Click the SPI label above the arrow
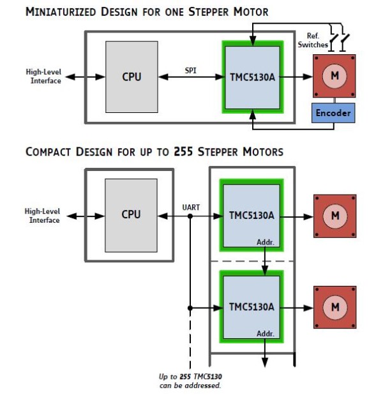pyautogui.click(x=190, y=71)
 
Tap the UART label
pyautogui.click(x=191, y=207)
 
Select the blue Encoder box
pyautogui.click(x=333, y=113)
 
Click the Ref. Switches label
pyautogui.click(x=313, y=40)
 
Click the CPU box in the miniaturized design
pyautogui.click(x=131, y=77)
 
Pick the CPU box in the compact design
pyautogui.click(x=131, y=216)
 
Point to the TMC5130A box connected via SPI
pyautogui.click(x=253, y=77)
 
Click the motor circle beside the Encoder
pyautogui.click(x=334, y=76)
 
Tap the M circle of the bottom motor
pyautogui.click(x=335, y=308)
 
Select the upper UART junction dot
pyautogui.click(x=190, y=216)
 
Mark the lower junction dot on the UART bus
pyautogui.click(x=190, y=308)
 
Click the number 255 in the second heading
pyautogui.click(x=183, y=152)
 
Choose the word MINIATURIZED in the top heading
pyautogui.click(x=61, y=12)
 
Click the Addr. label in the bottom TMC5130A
pyautogui.click(x=265, y=334)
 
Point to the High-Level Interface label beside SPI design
pyautogui.click(x=43, y=77)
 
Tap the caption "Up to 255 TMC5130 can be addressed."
pyautogui.click(x=190, y=381)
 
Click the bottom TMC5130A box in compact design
pyautogui.click(x=252, y=308)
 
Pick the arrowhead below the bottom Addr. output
pyautogui.click(x=265, y=362)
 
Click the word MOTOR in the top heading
pyautogui.click(x=251, y=12)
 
